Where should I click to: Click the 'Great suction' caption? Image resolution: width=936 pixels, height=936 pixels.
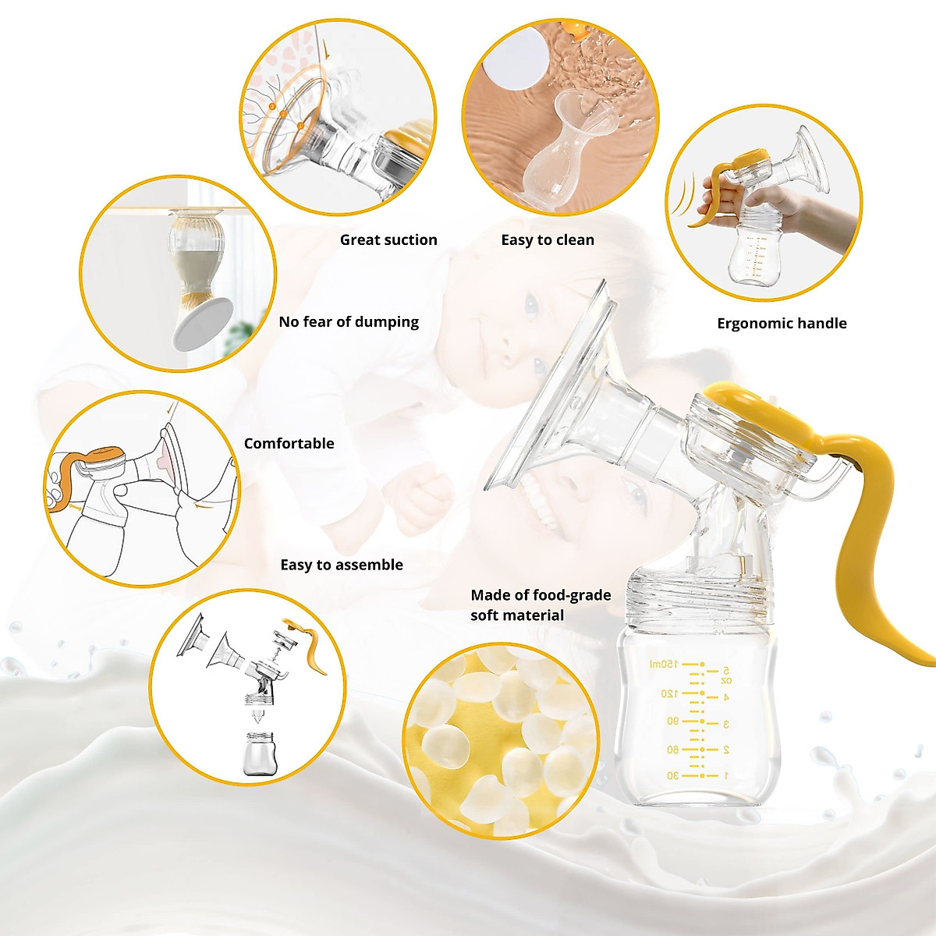388,240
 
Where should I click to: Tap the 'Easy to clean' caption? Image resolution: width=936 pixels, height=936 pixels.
548,240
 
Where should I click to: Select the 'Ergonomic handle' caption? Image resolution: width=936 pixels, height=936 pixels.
782,324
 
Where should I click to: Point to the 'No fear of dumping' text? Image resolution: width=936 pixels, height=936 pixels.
349,322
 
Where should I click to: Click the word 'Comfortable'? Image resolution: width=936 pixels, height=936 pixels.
289,444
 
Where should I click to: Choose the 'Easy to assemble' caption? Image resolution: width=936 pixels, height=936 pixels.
342,565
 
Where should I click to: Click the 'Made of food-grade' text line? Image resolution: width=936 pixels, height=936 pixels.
541,595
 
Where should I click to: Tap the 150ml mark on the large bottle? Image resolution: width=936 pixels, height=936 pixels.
664,664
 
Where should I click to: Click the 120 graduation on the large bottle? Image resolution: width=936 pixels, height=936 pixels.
669,693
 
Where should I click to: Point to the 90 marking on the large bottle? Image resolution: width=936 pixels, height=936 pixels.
672,721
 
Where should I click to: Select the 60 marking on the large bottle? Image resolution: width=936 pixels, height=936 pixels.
672,750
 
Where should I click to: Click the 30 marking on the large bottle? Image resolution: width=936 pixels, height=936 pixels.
672,776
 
